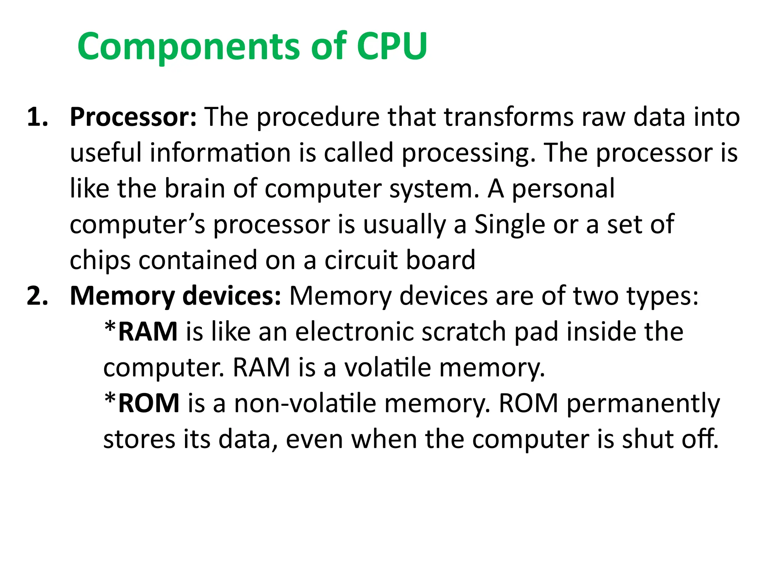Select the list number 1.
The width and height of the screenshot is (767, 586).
tap(38, 117)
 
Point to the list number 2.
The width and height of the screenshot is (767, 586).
tap(38, 296)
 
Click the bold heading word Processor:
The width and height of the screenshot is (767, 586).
tap(133, 117)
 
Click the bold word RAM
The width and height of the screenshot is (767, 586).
tap(148, 332)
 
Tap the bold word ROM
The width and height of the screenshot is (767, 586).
tap(149, 404)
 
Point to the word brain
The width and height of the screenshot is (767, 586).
tap(194, 188)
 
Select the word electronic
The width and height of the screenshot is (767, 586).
tap(354, 332)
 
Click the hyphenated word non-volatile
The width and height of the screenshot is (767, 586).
tap(305, 404)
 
